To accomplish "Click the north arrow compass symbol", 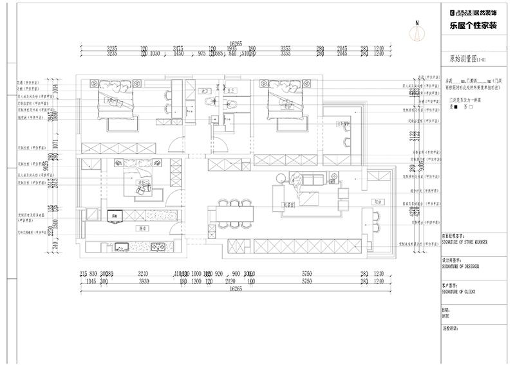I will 417,28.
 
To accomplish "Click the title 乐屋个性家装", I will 473,25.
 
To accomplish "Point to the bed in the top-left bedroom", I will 116,100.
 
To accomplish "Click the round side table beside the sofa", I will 281,177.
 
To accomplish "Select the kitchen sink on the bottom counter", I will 121,246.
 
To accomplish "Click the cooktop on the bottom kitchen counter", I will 157,246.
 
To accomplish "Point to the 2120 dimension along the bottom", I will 230,282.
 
